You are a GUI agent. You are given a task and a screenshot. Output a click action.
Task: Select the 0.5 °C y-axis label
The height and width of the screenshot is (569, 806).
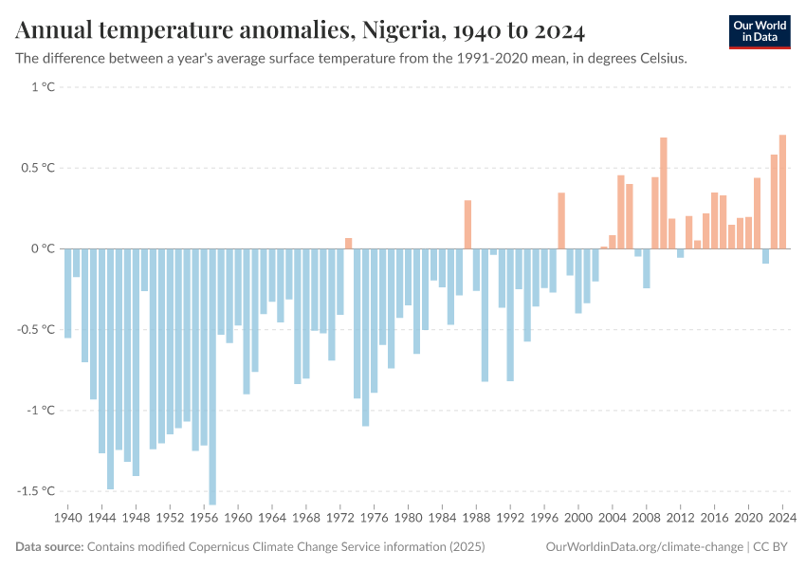point(39,168)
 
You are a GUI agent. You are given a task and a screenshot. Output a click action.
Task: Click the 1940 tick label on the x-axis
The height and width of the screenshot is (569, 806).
point(68,519)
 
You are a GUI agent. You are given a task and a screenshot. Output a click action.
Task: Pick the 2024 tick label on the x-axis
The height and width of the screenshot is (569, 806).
point(782,519)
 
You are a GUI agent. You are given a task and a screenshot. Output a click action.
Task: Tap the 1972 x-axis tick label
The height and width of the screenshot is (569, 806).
point(340,519)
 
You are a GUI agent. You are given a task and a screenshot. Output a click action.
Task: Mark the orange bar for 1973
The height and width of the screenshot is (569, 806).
point(349,244)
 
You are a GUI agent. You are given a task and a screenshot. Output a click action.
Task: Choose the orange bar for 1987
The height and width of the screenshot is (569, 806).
point(467,224)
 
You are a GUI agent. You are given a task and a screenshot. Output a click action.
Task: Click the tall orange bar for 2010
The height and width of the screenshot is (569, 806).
point(664,193)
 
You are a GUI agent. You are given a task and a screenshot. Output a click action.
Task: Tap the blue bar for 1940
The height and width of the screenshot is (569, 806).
point(68,293)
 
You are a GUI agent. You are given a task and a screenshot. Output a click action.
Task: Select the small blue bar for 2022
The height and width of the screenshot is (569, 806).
point(765,256)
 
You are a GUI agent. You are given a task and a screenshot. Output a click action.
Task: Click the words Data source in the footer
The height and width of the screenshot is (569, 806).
point(49,547)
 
